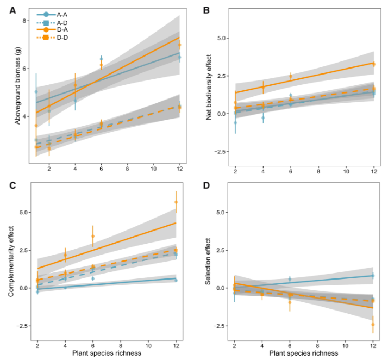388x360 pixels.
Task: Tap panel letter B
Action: [x=207, y=9]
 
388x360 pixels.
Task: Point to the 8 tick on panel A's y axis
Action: [x=24, y=21]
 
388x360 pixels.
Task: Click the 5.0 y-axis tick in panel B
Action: [x=221, y=38]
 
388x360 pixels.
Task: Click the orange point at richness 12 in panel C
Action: [x=176, y=202]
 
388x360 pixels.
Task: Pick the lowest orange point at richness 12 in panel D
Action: [x=373, y=325]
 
